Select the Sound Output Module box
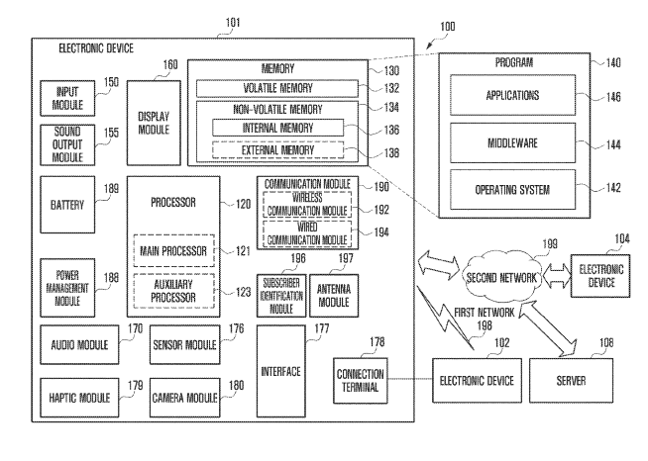65,144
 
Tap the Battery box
65,204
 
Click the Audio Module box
77,346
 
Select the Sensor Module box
184,346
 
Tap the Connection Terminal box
360,379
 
